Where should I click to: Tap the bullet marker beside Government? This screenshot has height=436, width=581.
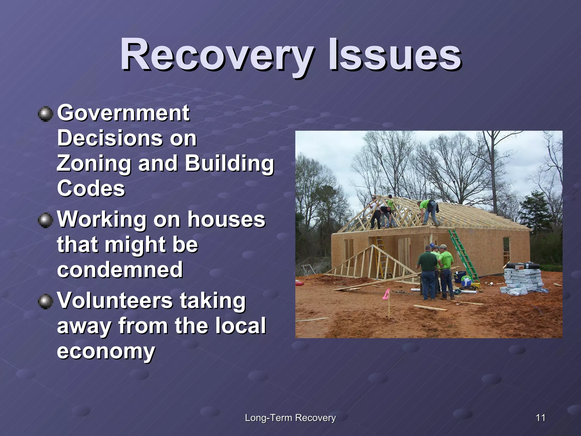[45, 114]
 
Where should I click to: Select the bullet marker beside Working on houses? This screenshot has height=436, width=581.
[45, 221]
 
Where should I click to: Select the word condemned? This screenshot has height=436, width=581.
[120, 270]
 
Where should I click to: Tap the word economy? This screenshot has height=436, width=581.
[106, 351]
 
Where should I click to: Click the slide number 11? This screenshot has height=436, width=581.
[540, 418]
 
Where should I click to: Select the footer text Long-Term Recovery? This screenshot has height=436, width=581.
[290, 418]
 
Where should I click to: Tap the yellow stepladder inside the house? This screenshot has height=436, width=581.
[383, 257]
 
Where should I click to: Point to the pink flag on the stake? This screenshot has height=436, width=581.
[386, 294]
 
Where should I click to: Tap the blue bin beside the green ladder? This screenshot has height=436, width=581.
[460, 277]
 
